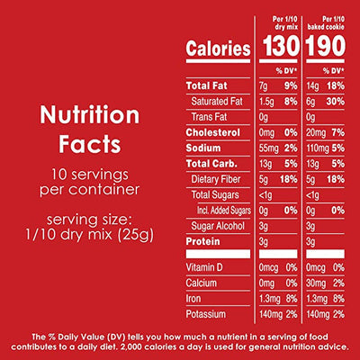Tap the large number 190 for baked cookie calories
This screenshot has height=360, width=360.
tap(327, 48)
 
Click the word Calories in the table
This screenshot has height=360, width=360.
tap(219, 49)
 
